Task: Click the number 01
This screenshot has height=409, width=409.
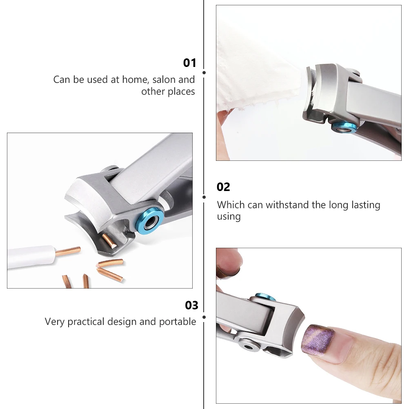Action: (x=190, y=63)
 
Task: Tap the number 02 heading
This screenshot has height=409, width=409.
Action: (x=223, y=187)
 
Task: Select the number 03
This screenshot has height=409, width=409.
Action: (x=191, y=305)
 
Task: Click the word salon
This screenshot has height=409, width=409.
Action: (x=164, y=80)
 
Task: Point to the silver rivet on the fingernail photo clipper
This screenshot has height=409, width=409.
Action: (x=248, y=346)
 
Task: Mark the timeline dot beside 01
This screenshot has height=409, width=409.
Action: (x=204, y=73)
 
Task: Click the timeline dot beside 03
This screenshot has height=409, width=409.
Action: (x=204, y=316)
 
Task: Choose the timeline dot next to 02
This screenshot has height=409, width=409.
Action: (x=204, y=197)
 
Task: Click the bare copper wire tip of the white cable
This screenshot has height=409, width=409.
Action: (x=68, y=251)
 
